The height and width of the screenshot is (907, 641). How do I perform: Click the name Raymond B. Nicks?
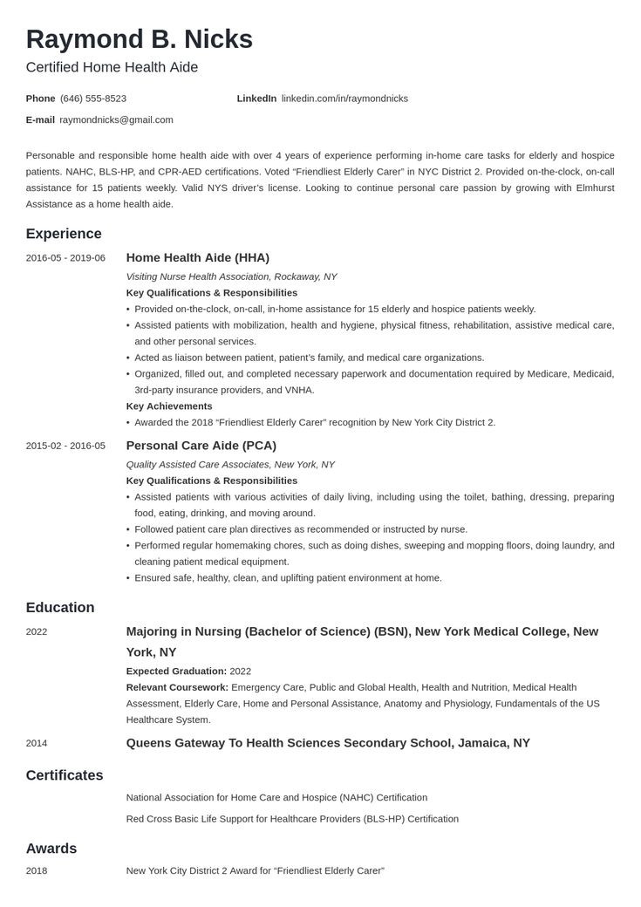click(140, 39)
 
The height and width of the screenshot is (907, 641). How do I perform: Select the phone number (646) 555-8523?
click(93, 99)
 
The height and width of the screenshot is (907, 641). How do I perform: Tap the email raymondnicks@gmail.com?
click(116, 119)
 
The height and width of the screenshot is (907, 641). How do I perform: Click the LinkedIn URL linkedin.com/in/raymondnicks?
click(344, 99)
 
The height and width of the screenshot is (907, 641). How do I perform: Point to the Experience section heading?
click(64, 234)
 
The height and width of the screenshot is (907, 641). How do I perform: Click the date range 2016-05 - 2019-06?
click(65, 258)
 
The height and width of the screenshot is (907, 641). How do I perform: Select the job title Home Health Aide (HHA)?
click(198, 258)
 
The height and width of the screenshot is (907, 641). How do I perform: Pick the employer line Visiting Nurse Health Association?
click(231, 276)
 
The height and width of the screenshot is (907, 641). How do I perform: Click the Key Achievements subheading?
click(169, 406)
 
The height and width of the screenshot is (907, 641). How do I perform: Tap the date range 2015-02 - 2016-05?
click(65, 446)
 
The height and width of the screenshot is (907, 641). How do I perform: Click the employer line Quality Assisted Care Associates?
click(230, 465)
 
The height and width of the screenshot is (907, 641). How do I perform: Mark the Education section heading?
click(60, 608)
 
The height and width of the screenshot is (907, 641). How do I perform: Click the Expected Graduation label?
click(176, 672)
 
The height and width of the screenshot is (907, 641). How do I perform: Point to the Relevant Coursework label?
click(177, 687)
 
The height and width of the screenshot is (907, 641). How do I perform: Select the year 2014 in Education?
click(37, 743)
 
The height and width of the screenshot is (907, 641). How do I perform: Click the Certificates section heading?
click(65, 775)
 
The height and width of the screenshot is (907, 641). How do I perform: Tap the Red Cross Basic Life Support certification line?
click(292, 819)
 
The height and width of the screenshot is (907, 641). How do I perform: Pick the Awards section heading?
click(51, 849)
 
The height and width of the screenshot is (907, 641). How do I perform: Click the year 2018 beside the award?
click(37, 870)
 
